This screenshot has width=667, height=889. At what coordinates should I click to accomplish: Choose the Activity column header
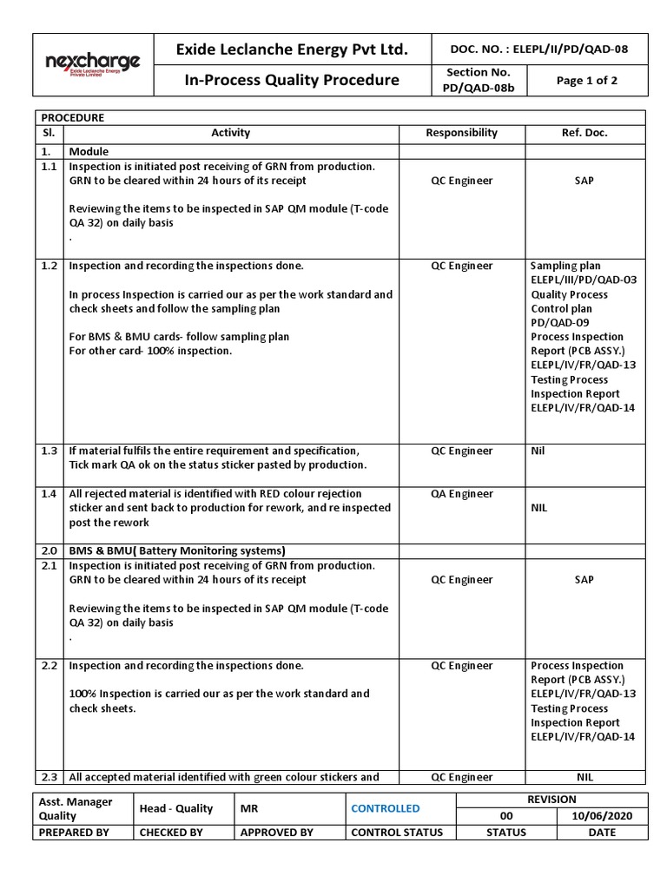click(230, 133)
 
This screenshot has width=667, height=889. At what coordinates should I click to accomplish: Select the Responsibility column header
click(461, 133)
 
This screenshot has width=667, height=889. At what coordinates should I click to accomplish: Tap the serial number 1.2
click(49, 266)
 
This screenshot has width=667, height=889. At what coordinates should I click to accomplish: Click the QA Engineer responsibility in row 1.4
click(461, 493)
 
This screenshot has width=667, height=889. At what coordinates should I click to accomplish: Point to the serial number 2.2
click(49, 665)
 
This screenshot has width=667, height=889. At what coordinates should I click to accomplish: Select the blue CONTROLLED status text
click(385, 808)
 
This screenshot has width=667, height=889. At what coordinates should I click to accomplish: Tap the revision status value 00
click(506, 816)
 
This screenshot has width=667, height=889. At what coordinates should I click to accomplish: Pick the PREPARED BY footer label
click(74, 832)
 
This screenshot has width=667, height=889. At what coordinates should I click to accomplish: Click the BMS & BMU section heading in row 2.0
click(176, 550)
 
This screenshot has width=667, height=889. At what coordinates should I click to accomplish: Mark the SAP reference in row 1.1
click(584, 181)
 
